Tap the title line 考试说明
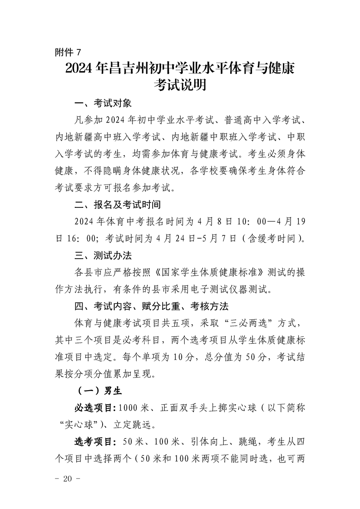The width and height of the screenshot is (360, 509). [x=180, y=85]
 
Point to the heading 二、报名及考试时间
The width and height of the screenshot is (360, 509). [x=118, y=205]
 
